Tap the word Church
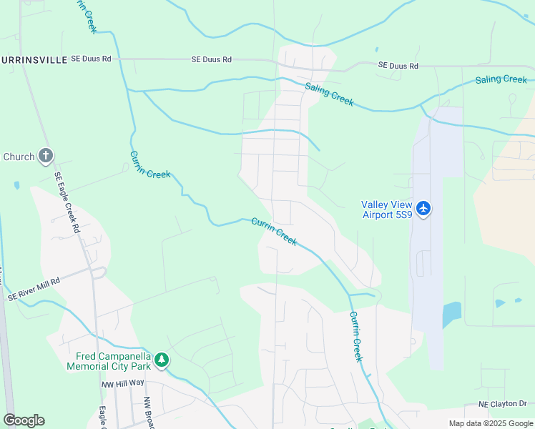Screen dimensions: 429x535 19,157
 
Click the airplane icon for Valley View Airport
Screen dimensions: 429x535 424,208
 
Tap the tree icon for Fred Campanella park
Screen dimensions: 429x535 162,360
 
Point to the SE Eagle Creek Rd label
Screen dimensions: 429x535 67,202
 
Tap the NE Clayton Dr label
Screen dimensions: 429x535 502,405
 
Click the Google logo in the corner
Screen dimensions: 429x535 24,420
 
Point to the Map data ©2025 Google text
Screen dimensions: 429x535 490,423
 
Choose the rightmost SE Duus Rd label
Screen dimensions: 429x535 398,66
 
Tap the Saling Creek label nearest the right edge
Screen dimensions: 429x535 501,79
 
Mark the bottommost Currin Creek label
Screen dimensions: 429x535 355,336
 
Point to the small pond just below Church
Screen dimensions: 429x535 16,185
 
